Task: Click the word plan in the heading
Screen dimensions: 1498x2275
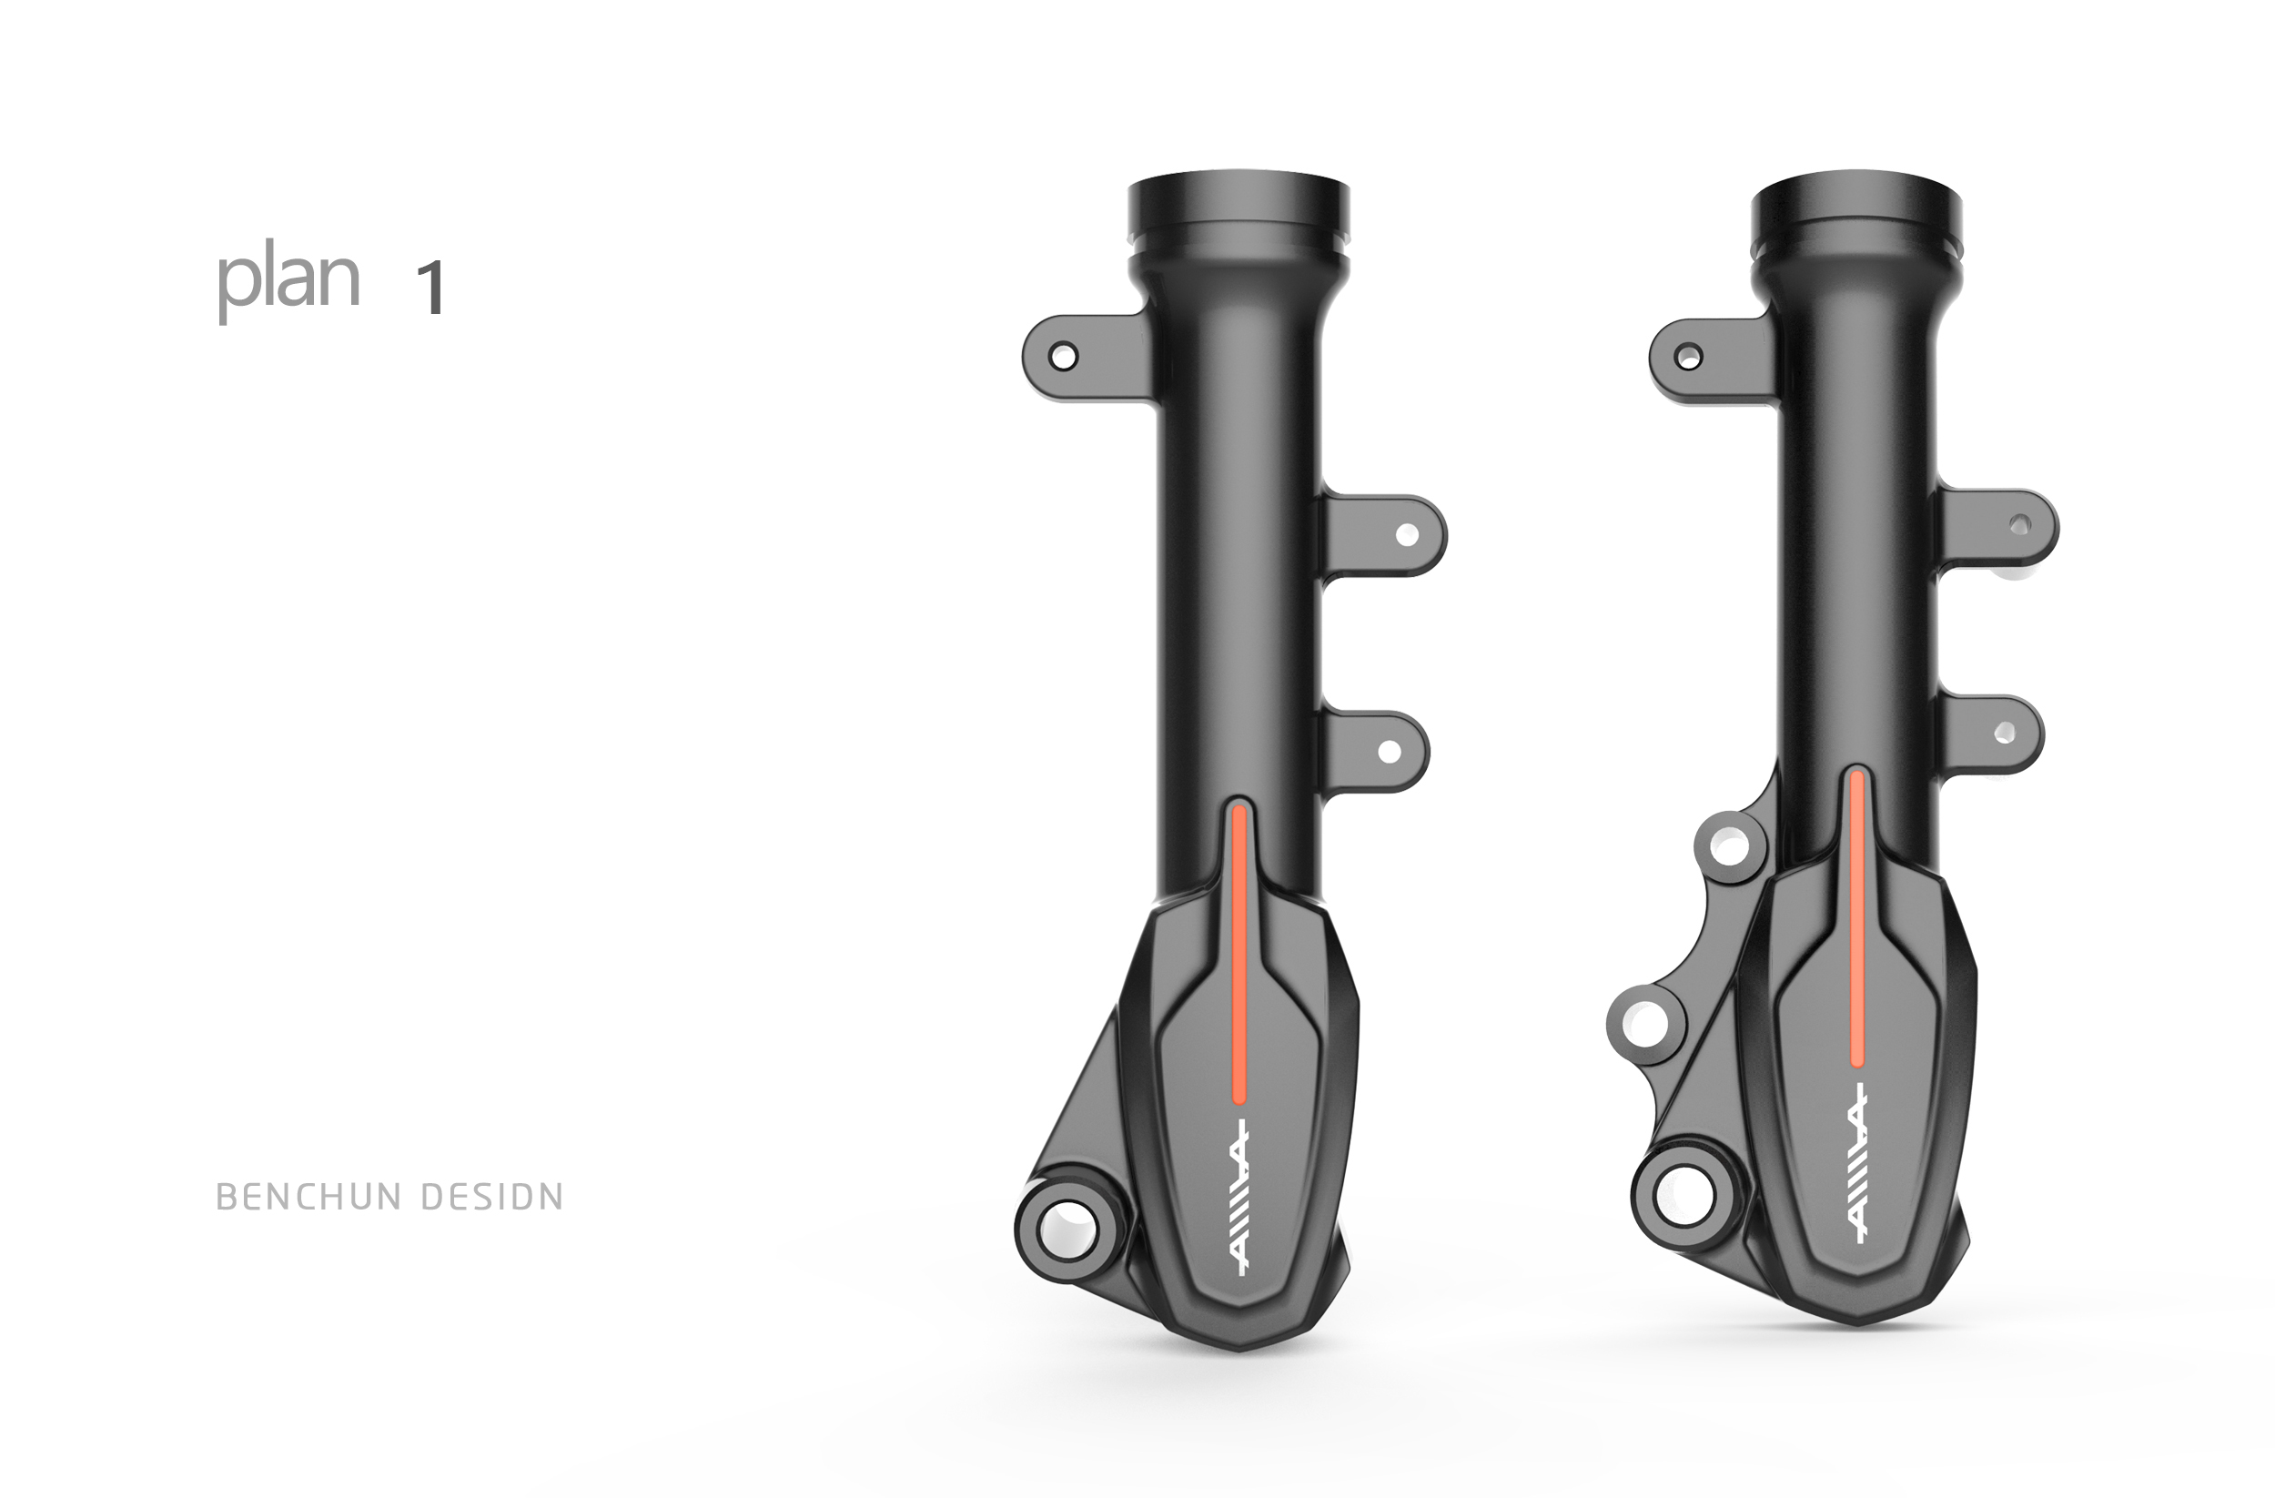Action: (288, 280)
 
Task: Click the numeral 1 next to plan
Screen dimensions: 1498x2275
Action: (431, 287)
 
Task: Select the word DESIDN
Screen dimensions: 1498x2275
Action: (492, 1197)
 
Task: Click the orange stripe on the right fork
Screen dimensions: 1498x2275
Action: (1856, 917)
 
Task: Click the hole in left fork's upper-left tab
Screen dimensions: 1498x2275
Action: (1064, 358)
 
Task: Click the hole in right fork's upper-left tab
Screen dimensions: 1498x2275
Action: (1689, 358)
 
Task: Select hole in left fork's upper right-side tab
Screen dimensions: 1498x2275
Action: (1407, 535)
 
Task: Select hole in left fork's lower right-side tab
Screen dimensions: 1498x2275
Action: (1390, 753)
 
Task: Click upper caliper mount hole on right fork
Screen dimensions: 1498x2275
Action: (1728, 846)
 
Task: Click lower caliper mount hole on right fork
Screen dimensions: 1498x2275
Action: (1645, 1024)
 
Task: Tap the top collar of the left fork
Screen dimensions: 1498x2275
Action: (1239, 210)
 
